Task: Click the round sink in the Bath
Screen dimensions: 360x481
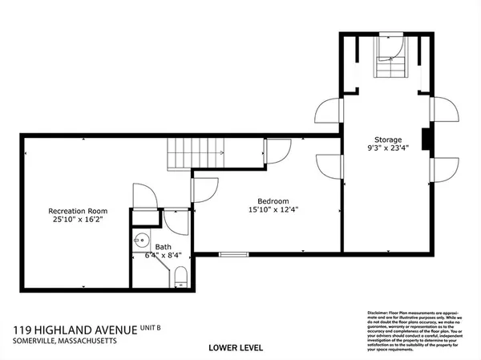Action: pyautogui.click(x=141, y=239)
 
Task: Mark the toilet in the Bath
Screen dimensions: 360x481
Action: pyautogui.click(x=181, y=278)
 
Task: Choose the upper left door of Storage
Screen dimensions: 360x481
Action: pyautogui.click(x=329, y=111)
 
